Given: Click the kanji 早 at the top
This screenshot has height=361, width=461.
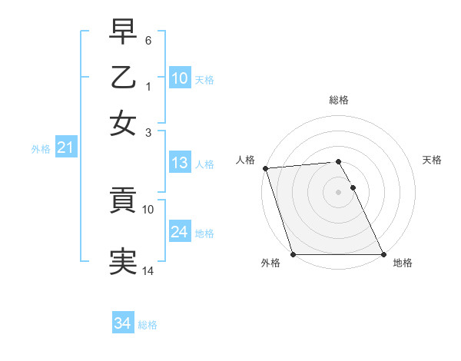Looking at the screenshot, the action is coord(124,33).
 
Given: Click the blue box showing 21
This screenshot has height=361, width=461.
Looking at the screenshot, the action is coord(65,147).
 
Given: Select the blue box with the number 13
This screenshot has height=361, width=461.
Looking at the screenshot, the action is coord(179,163).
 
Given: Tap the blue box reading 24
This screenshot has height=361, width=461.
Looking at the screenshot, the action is coord(179,232).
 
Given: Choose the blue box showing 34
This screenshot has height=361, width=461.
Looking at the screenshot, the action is coord(122,323).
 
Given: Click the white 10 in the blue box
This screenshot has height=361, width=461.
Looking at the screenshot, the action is coord(179,78).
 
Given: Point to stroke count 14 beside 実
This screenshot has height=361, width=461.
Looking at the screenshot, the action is coord(148,270).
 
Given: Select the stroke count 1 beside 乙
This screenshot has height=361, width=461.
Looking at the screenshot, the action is coord(148,85).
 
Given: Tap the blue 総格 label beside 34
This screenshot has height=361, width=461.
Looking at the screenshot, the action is coord(148,325).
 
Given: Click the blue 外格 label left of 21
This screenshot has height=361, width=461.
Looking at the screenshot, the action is coord(40,149).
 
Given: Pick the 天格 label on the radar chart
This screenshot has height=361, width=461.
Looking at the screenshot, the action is coord(432,160).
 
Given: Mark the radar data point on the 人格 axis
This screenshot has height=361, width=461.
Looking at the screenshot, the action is coord(265,168).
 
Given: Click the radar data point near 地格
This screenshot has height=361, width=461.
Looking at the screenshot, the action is coord(383,254).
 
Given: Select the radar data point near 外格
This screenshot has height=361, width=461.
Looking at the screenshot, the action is coord(293,254).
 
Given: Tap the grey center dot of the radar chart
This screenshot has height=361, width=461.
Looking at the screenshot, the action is coord(338,191).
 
